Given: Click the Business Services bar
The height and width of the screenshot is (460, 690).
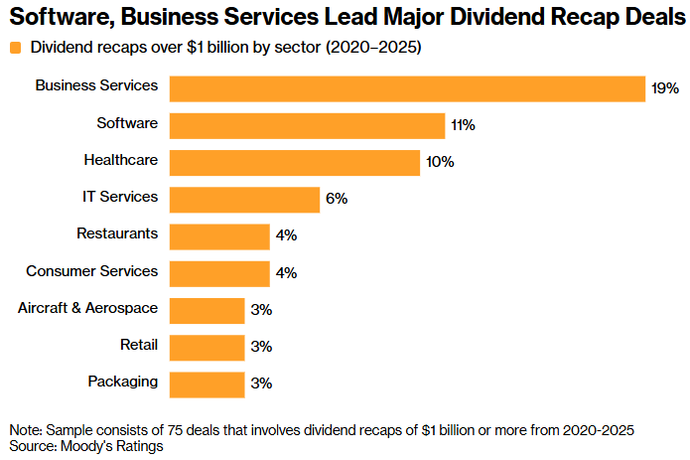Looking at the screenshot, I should coord(408,88).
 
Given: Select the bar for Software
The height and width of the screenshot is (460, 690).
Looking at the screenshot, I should coord(307,125).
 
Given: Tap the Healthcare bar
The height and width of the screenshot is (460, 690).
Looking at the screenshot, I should coord(295,162).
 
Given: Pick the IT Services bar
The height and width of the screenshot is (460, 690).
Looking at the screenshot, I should coord(244,199).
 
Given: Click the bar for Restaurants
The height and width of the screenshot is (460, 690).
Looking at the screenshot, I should coord(219,235).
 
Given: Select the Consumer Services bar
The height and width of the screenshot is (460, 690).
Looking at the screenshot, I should coord(219,272).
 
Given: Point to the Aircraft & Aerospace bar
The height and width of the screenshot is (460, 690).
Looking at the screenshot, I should coord(207,310).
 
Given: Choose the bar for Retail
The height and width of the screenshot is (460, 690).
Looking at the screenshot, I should coord(207,347).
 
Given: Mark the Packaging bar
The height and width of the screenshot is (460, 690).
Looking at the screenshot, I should coord(207,383).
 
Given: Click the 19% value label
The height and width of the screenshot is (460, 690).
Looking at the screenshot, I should coord(665,88).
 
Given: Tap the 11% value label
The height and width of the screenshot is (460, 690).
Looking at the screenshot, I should coord(463,125).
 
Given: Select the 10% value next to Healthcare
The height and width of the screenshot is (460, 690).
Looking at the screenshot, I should coord(439,162).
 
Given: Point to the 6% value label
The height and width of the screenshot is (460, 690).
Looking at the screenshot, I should coord(336,199).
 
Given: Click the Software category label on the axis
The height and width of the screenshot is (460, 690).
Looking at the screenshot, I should coord(127,122).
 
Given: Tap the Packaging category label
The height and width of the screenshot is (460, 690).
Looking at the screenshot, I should coord(122,381).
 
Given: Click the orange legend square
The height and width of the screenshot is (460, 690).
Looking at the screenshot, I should coord(15,48).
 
